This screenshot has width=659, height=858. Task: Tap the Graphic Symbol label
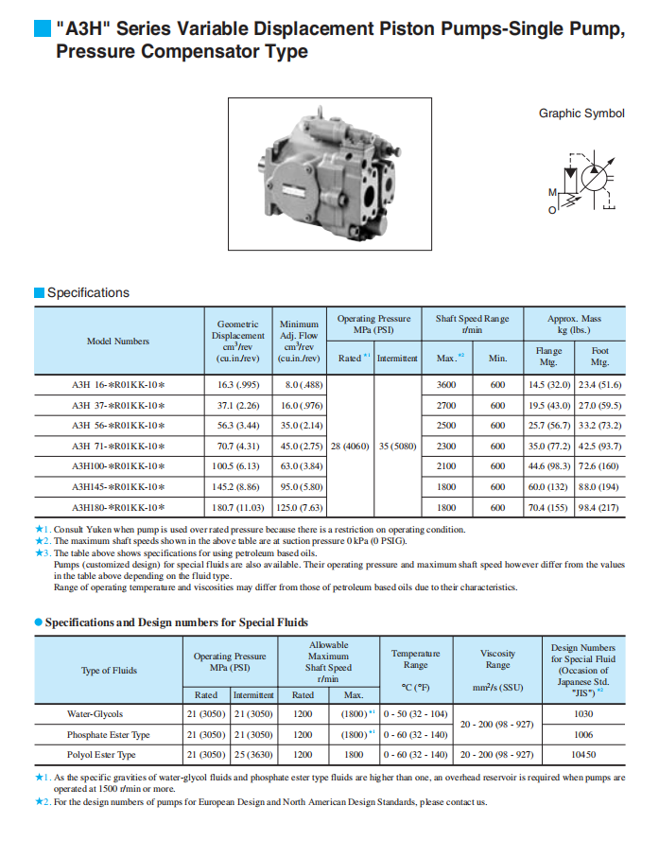581,114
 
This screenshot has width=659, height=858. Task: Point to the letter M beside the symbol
553,193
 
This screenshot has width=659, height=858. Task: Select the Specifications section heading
88,292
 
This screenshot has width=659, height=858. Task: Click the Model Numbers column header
118,341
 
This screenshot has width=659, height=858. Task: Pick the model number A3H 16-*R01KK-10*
118,385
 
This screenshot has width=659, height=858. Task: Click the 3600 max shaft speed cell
446,385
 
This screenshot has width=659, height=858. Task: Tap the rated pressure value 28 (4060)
350,446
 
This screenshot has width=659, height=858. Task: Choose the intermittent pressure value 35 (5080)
397,446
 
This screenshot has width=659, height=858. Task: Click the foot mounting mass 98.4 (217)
599,507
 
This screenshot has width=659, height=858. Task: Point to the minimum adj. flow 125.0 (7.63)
299,507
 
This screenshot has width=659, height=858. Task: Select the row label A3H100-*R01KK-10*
118,466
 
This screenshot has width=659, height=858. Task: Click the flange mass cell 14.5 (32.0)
548,385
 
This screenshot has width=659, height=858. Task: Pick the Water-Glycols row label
95,714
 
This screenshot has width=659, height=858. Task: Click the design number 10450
583,755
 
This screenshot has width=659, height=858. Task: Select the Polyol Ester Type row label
101,755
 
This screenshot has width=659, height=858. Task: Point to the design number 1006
583,734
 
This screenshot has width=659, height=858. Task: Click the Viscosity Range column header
497,658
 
